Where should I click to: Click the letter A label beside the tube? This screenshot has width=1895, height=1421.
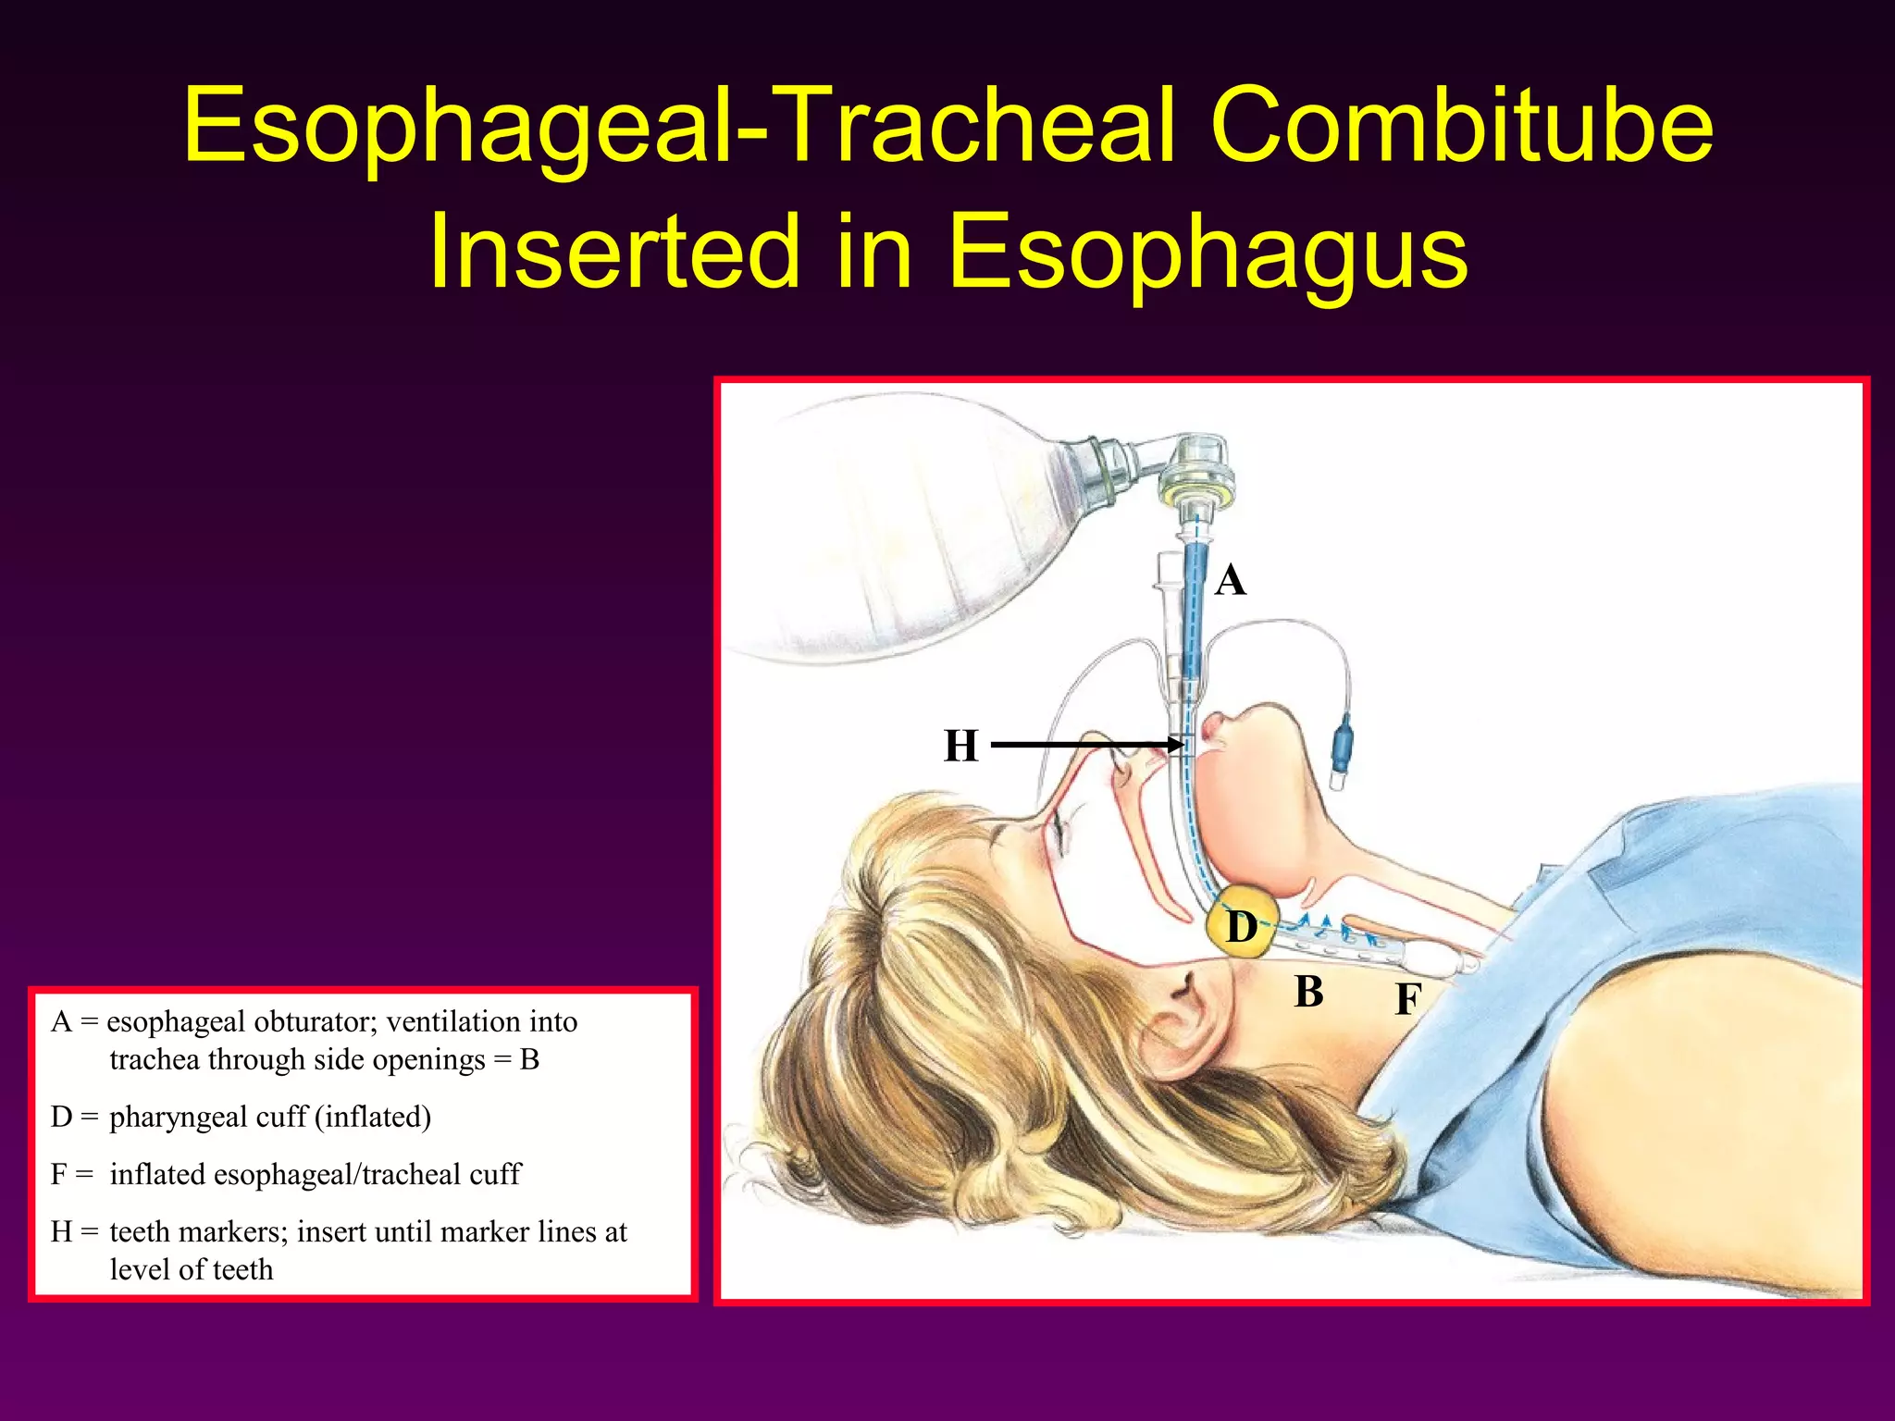[1230, 581]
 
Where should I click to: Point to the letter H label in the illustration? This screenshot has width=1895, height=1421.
[960, 746]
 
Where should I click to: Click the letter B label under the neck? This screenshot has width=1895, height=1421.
[1308, 992]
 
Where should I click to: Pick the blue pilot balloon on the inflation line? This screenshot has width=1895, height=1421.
[1342, 740]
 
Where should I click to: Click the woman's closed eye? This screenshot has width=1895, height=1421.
[1058, 833]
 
